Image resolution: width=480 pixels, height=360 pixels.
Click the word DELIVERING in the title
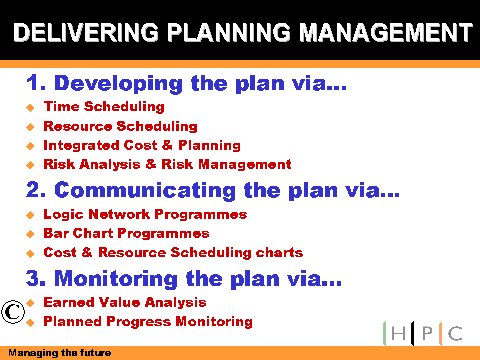[86, 32]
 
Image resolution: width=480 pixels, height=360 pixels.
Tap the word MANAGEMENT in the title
[386, 32]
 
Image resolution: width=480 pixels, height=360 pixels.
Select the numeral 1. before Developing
[36, 83]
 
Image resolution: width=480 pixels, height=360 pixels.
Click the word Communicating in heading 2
[145, 190]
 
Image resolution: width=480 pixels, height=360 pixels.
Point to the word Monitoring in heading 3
[116, 279]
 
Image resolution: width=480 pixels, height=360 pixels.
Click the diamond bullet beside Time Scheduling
[30, 108]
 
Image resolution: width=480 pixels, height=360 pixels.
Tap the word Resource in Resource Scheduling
[78, 126]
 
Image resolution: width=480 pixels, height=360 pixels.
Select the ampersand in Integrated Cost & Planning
[167, 145]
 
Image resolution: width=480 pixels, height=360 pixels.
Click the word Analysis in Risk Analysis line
[110, 164]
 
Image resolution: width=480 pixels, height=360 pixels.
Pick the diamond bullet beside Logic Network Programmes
[30, 215]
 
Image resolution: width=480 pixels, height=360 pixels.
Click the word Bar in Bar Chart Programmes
[56, 233]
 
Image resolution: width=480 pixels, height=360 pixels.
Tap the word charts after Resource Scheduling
[279, 253]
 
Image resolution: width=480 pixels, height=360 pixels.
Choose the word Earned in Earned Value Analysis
[69, 302]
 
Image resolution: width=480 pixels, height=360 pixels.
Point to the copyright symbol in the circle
[13, 312]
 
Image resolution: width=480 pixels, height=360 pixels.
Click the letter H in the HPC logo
[398, 333]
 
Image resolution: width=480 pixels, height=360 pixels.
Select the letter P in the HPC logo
[427, 333]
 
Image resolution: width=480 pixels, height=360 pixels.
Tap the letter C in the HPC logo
[455, 333]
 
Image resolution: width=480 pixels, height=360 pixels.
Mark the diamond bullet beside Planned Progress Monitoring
[30, 322]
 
